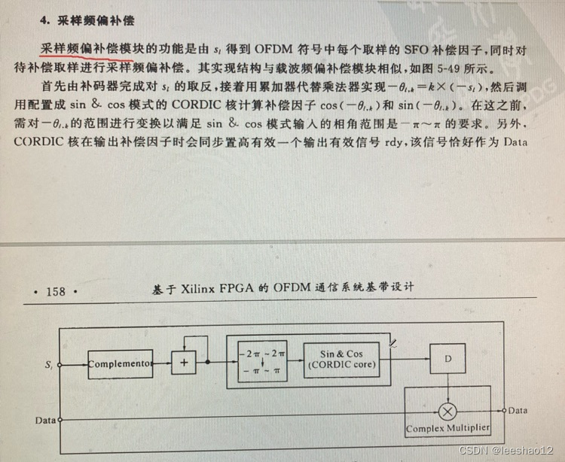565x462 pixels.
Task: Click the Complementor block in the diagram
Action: point(121,363)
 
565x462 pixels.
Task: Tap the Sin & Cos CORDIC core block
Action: point(341,360)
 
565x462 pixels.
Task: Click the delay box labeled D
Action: point(448,359)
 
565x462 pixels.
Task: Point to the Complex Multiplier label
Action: point(448,429)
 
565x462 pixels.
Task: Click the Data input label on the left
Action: point(45,419)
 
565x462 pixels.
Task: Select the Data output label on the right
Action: point(518,410)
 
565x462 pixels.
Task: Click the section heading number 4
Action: point(44,20)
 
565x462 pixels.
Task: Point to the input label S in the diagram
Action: point(48,363)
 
